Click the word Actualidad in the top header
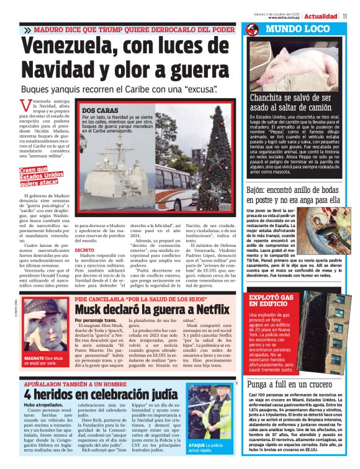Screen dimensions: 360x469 tap(321, 16)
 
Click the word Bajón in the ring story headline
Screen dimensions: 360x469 tap(255, 190)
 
